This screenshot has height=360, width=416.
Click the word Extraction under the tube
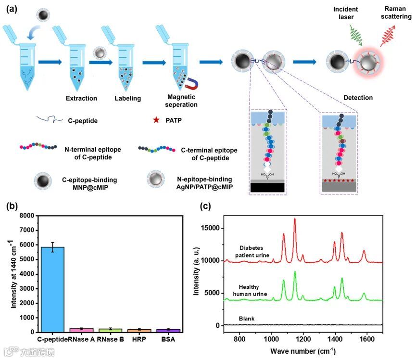[81, 98]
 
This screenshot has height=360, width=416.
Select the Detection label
[358, 98]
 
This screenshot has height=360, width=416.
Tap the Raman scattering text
[398, 13]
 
